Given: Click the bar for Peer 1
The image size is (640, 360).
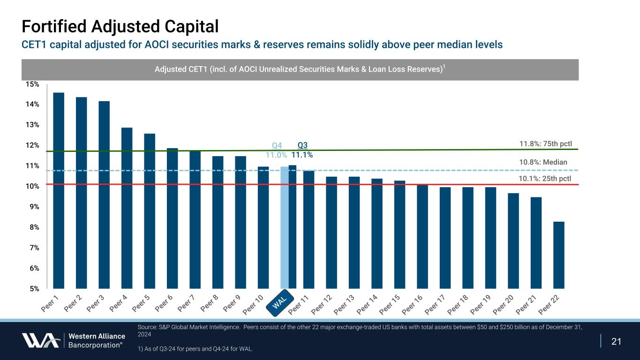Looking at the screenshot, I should click(x=59, y=190).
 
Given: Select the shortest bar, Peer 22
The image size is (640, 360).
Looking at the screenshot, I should click(x=558, y=255).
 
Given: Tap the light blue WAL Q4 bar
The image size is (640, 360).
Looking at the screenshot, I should click(x=284, y=227).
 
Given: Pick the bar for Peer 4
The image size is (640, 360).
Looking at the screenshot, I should click(x=127, y=208).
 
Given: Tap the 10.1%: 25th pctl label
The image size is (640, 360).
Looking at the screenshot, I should click(x=545, y=178).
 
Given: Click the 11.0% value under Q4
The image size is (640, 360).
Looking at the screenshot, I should click(x=276, y=154).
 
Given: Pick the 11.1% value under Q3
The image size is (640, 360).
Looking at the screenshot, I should click(x=302, y=154).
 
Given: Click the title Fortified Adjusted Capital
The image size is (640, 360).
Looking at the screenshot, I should click(x=120, y=26).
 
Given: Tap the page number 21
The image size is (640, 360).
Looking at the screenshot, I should click(x=616, y=341).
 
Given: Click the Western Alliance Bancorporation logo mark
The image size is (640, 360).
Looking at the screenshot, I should click(x=41, y=340).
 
